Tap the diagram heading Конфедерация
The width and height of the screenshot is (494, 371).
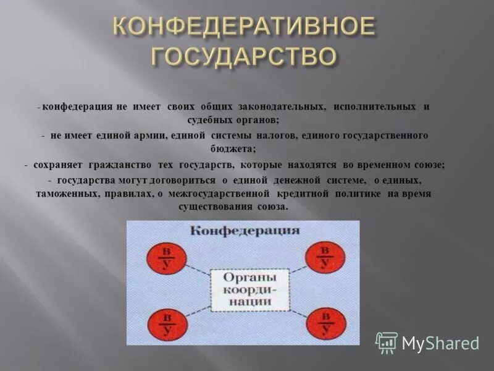(245, 231)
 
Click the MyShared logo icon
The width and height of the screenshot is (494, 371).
(387, 342)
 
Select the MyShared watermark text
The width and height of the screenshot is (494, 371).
(440, 343)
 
